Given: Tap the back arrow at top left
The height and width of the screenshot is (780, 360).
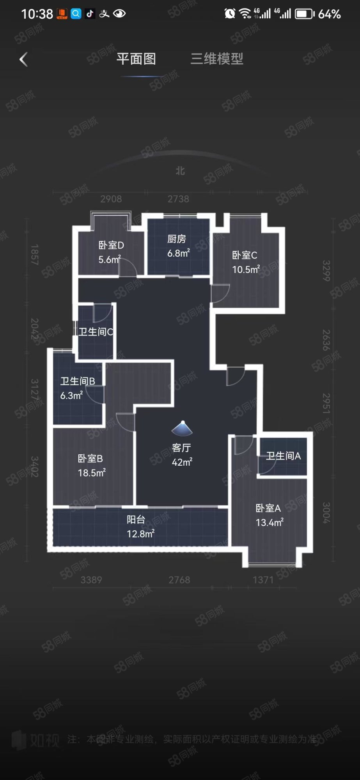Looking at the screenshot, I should click(23, 60).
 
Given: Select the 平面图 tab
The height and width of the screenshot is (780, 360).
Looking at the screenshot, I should click(136, 59).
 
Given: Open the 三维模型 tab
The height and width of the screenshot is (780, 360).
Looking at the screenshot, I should click(217, 59).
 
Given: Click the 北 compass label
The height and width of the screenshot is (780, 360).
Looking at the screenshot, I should click(180, 171).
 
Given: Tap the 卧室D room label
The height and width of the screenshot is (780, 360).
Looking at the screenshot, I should click(111, 245).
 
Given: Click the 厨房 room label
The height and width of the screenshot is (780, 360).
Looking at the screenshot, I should click(177, 239).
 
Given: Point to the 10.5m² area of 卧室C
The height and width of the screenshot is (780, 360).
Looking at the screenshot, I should click(246, 269).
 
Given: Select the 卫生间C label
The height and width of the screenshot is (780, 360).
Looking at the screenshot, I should click(96, 332).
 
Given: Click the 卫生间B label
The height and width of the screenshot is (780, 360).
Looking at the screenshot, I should click(78, 381).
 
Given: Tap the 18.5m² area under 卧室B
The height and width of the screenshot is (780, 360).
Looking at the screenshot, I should click(92, 473).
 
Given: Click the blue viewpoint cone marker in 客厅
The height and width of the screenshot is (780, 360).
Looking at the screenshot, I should click(182, 428).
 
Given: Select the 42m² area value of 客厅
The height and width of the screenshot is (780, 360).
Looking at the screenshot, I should click(182, 462).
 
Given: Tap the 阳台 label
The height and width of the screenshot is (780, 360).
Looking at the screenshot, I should click(136, 519).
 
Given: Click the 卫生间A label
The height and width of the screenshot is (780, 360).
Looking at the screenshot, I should click(283, 456).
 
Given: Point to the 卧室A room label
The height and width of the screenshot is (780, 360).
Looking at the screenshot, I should click(268, 508).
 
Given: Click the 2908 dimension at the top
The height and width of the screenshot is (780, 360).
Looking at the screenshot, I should click(111, 199).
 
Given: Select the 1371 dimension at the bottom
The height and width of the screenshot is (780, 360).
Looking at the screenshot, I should click(263, 580).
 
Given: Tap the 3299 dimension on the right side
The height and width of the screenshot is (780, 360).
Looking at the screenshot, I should click(326, 271).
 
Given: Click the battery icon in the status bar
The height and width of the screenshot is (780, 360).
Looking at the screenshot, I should click(305, 14).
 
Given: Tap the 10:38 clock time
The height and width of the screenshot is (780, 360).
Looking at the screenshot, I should click(37, 14).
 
